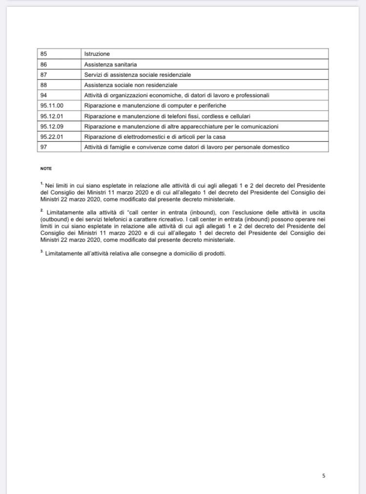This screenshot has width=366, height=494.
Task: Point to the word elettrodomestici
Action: point(141,137)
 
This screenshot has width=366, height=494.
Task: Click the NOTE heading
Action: point(46,168)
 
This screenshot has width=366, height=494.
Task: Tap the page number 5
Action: point(324,475)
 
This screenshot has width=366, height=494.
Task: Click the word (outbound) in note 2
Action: point(54,220)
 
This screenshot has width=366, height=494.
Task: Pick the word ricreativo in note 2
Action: point(162,220)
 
